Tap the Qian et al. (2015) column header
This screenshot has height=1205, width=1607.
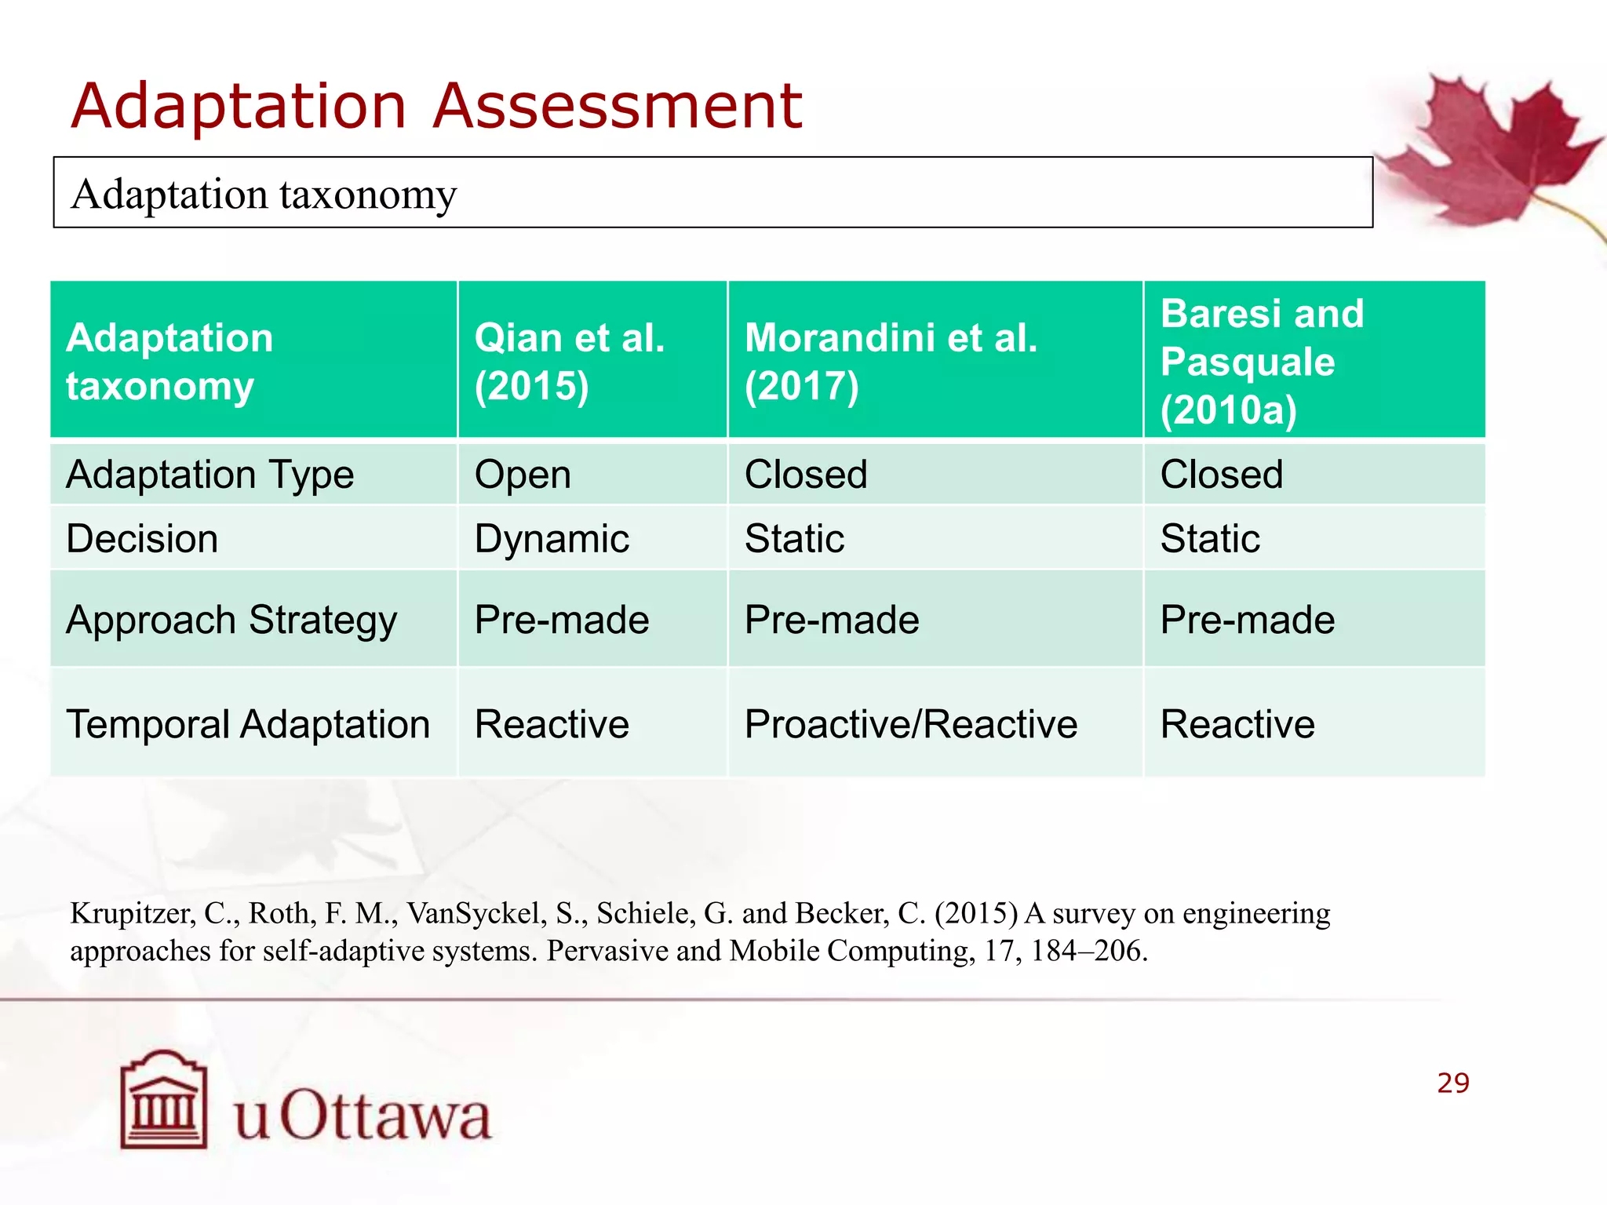coord(570,361)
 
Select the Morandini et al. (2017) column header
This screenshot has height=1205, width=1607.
coord(891,361)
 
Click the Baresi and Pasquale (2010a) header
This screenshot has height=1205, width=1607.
coord(1262,361)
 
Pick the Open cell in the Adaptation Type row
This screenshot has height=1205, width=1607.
coord(523,475)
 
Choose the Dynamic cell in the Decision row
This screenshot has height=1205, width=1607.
coord(552,539)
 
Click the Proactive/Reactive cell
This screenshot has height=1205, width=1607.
coord(910,723)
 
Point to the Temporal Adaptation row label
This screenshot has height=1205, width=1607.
coord(248,723)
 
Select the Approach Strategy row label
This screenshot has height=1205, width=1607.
coord(231,620)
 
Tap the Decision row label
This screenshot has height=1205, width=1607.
coord(142,539)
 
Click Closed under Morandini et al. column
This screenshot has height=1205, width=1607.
coord(806,475)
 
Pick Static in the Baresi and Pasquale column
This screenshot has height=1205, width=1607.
coord(1210,539)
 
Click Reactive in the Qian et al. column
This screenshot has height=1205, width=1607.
coord(552,723)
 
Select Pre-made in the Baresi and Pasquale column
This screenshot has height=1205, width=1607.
coord(1248,620)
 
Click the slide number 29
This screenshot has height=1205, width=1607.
coord(1452,1083)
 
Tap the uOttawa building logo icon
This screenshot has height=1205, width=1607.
coord(164,1100)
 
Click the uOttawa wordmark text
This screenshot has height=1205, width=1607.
coord(363,1115)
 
